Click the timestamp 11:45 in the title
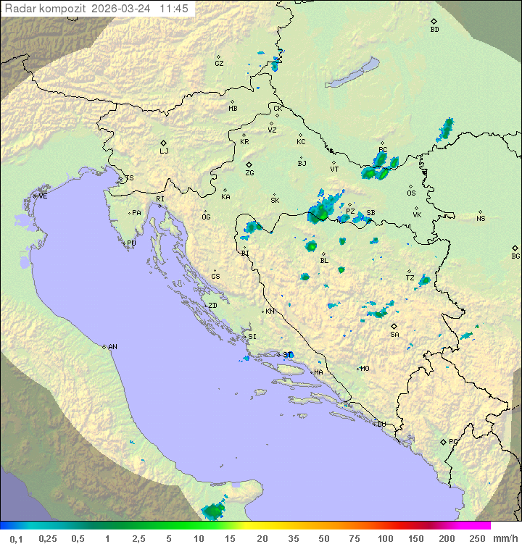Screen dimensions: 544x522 (x=174, y=9)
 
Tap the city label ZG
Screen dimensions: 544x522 (x=249, y=173)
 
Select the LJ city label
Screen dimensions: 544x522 (x=164, y=151)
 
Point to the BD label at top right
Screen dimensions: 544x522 (x=434, y=30)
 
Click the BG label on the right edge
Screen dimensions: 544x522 (x=515, y=256)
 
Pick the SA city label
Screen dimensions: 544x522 (x=394, y=334)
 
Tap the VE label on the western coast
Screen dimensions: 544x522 (x=43, y=196)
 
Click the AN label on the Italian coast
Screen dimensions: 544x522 (x=112, y=347)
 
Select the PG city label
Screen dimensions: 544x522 (x=453, y=441)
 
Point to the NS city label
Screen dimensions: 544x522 (x=481, y=218)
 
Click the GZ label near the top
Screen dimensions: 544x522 (x=219, y=63)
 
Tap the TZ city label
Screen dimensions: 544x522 (x=410, y=277)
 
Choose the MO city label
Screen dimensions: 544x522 (x=365, y=368)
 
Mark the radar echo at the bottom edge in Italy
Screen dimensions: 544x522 (x=213, y=511)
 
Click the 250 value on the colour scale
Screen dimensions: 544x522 (x=477, y=538)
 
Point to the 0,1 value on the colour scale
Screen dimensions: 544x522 (x=16, y=538)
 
